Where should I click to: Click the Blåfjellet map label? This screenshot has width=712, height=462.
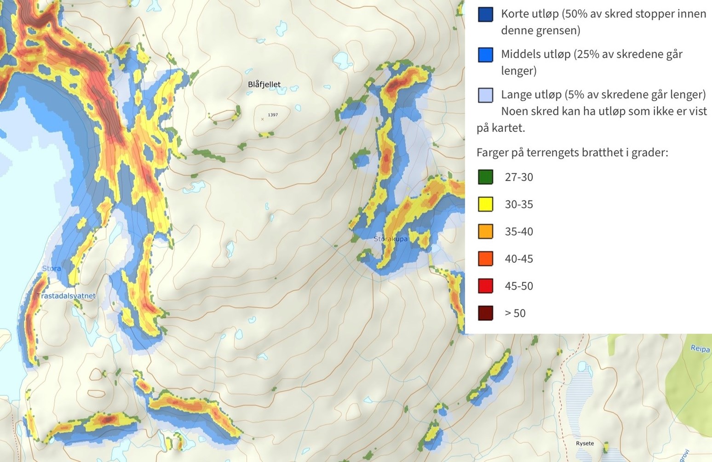coord(264,84)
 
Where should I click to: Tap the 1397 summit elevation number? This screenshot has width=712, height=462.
coord(273,115)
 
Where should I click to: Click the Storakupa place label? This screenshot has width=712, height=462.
coord(390,239)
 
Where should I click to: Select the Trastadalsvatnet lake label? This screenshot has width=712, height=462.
coord(66,296)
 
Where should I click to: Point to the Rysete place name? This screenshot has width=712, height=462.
coord(585,443)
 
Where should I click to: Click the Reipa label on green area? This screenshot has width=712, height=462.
coord(700,348)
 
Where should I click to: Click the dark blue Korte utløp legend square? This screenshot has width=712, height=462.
coord(485,14)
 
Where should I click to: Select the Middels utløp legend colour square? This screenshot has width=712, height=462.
coord(485,55)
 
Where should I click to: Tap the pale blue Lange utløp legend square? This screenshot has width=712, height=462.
coord(485,95)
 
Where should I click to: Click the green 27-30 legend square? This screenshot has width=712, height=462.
coord(485,177)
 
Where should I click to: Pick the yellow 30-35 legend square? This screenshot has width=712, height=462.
coord(485,204)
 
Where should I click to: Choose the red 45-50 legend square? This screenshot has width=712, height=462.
coord(485,286)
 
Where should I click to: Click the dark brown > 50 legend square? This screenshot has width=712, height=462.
coord(485,313)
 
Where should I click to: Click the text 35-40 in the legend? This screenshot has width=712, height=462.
coord(519,232)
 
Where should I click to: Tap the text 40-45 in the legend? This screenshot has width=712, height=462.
coord(519,259)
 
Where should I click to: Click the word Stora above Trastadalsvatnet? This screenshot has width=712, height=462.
coord(51,268)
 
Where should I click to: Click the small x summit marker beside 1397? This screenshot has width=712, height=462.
coord(263,119)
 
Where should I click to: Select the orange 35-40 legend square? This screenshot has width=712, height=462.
coord(485,231)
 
